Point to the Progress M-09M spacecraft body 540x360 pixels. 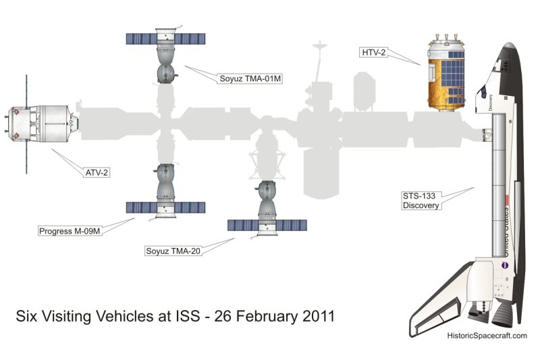164,186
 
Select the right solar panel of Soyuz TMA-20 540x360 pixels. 292,225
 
